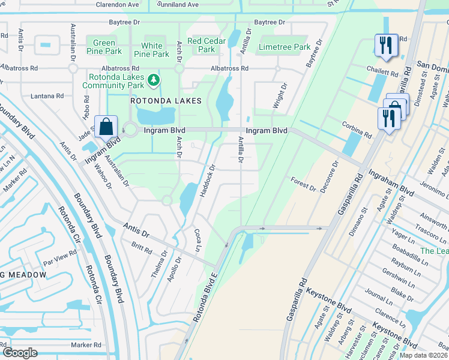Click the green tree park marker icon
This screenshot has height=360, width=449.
(154, 80)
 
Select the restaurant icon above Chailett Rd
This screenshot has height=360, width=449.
(384, 46)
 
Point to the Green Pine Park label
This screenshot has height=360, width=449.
(104, 47)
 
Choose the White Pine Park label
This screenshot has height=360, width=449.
(151, 50)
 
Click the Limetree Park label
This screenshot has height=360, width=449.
(284, 47)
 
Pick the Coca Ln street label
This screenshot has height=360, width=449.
(196, 239)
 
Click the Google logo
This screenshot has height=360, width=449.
(20, 352)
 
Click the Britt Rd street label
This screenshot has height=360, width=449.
(142, 247)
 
